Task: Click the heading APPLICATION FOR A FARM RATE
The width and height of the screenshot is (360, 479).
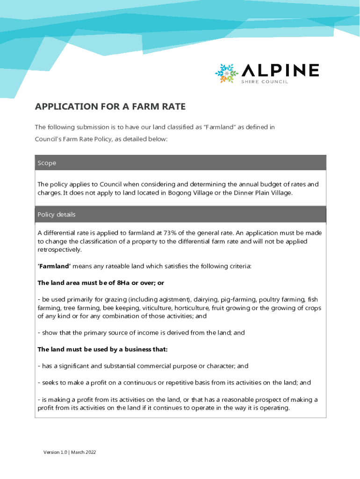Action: pos(110,107)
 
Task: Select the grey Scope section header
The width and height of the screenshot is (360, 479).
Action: pos(180,163)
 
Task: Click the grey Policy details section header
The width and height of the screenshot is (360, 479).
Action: pos(180,214)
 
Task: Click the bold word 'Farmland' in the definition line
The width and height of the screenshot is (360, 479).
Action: pos(54,266)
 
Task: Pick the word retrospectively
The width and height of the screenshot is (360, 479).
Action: pos(59,249)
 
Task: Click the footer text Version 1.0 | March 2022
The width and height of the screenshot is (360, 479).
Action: pos(70,452)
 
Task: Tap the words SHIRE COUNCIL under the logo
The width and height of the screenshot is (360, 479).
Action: pos(265,82)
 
